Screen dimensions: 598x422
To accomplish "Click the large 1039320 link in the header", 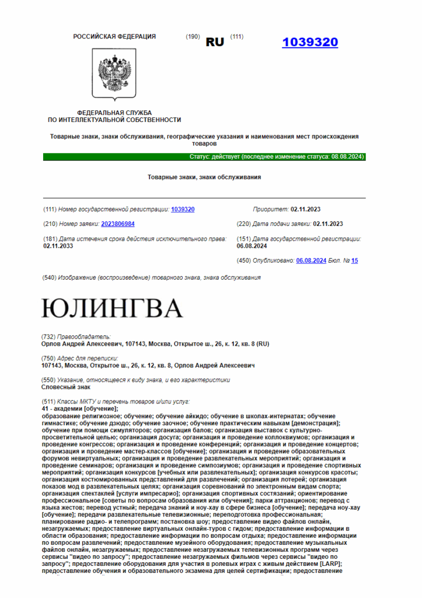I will (x=309, y=42).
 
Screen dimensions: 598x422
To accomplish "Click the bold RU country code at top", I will (x=215, y=43).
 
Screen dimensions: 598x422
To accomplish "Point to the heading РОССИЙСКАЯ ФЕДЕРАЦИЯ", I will (x=114, y=37).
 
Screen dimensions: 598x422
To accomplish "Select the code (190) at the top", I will (x=193, y=37).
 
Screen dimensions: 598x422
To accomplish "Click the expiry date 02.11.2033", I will (x=58, y=246).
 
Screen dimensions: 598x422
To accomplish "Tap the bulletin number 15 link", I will (x=355, y=260).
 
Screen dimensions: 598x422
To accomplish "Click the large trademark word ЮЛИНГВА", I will (x=112, y=308).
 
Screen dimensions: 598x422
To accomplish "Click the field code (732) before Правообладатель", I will (x=49, y=337).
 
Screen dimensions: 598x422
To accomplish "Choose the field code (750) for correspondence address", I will (x=49, y=358).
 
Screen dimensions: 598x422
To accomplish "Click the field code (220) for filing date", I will (x=244, y=224).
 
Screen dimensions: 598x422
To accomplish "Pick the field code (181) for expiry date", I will (x=51, y=239).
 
